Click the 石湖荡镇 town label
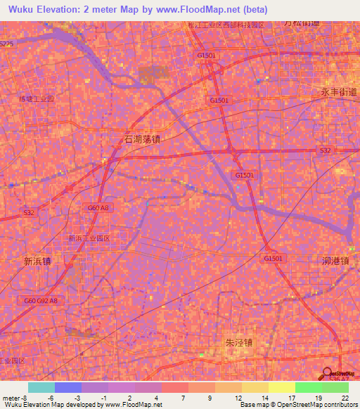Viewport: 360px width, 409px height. (x=141, y=139)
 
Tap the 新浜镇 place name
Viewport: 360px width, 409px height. (x=38, y=261)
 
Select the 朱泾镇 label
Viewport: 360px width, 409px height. (x=238, y=343)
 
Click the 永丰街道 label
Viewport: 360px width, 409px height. (x=335, y=91)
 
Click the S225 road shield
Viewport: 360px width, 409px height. (x=6, y=44)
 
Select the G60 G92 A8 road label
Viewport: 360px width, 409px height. (x=41, y=301)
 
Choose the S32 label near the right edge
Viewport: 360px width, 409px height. (x=325, y=150)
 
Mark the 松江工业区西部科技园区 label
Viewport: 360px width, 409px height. (x=226, y=25)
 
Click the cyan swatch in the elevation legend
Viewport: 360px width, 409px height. (x=41, y=387)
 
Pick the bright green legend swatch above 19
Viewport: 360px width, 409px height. (x=308, y=387)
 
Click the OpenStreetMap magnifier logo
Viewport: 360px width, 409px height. (x=328, y=372)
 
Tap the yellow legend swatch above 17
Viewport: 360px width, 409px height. (x=281, y=387)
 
